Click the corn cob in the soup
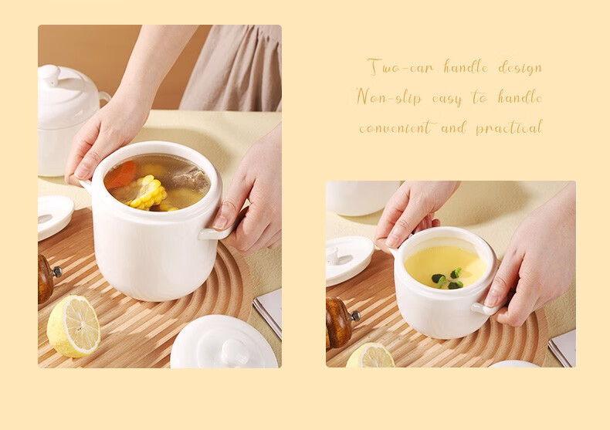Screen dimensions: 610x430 148,193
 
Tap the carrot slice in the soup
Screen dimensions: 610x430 121,175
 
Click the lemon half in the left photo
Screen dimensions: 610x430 73,326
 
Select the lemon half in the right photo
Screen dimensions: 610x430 371,356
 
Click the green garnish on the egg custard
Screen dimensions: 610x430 448,279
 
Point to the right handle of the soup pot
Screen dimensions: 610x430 216,232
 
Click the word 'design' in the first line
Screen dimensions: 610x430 520,68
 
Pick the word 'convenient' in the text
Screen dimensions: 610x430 395,127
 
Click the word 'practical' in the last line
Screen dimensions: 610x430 509,127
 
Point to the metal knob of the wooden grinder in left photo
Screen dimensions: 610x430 57,272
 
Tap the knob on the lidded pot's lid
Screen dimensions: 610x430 49,74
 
